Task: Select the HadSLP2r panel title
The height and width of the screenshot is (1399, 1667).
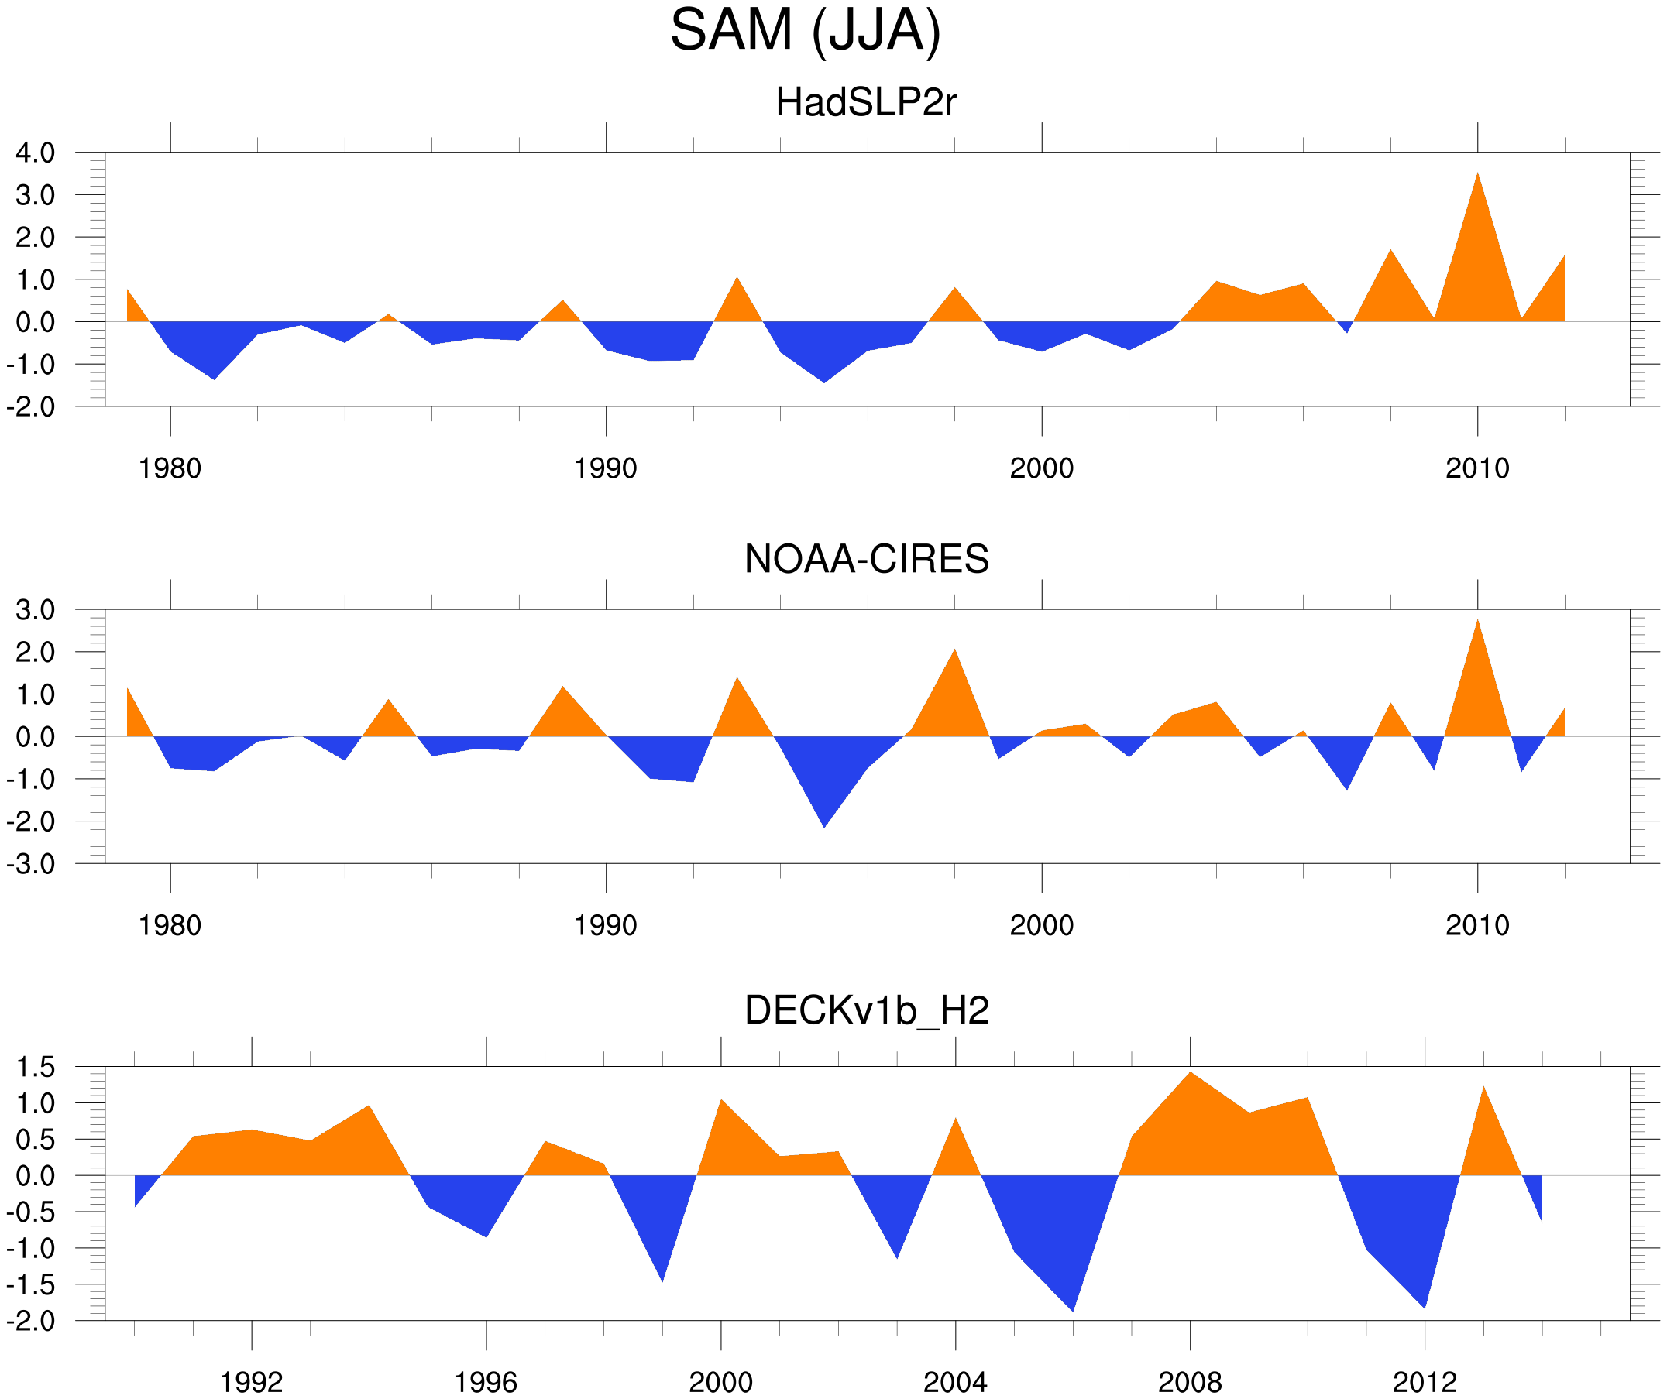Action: click(x=866, y=103)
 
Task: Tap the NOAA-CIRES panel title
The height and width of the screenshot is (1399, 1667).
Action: click(x=866, y=560)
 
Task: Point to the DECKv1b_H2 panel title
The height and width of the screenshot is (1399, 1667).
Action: click(x=866, y=1011)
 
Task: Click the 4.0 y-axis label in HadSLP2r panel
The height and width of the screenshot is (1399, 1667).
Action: click(x=36, y=153)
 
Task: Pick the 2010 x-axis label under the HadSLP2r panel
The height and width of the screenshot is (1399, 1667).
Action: click(x=1476, y=469)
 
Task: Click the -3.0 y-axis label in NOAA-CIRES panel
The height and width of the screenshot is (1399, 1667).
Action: click(x=31, y=864)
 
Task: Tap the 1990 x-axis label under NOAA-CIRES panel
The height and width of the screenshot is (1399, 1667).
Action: click(x=606, y=926)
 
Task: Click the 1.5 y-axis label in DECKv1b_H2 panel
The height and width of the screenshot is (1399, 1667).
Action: click(x=36, y=1068)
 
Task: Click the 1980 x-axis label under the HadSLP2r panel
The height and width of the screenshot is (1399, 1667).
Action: click(x=170, y=469)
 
